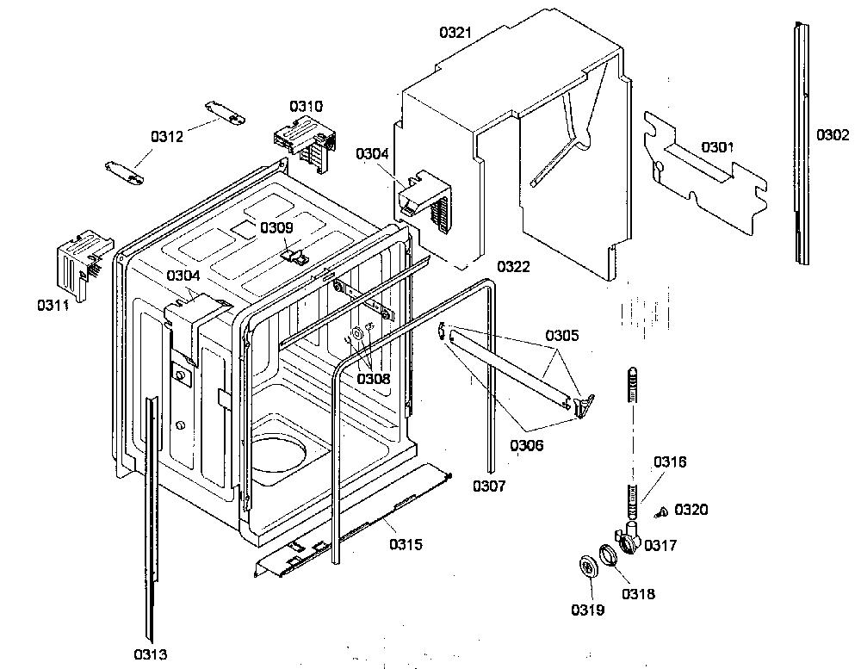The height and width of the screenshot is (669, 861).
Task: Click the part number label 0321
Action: [455, 33]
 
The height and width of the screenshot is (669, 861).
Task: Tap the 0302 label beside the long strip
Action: [833, 134]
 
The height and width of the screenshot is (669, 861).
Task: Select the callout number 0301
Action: [717, 146]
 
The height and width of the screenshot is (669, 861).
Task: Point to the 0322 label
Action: [513, 266]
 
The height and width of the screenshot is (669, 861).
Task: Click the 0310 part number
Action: [306, 106]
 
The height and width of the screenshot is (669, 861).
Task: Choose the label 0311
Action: [53, 305]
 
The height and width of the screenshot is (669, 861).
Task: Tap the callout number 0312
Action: [167, 136]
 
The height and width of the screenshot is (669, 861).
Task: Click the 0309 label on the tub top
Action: [276, 227]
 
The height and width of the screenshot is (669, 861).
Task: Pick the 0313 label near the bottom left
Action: [151, 654]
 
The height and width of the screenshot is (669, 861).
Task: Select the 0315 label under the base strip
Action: [406, 544]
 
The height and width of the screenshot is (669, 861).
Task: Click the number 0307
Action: [489, 486]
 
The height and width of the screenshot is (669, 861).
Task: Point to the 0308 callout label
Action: [374, 379]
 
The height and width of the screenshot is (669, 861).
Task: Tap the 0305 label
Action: [561, 335]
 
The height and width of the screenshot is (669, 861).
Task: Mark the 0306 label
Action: [527, 445]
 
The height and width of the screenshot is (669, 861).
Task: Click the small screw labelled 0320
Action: [660, 512]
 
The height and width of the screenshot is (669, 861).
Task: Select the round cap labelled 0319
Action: [590, 567]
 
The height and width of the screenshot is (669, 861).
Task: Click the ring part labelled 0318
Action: [608, 555]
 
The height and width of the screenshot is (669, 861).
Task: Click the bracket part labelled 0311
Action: [84, 263]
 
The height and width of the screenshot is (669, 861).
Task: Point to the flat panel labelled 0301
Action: [706, 171]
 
